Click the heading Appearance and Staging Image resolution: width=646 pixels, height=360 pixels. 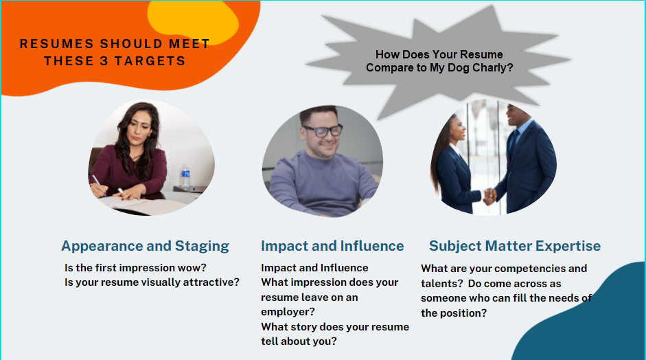(x=145, y=246)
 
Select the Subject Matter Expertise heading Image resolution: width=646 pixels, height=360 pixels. (x=515, y=246)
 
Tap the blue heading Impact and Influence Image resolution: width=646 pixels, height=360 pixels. (x=332, y=246)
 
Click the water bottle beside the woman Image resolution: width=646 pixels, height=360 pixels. (x=185, y=176)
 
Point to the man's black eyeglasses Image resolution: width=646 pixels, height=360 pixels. (x=322, y=131)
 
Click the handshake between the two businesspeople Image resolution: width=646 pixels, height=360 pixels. (x=490, y=195)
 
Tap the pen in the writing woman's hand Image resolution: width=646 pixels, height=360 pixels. (x=98, y=184)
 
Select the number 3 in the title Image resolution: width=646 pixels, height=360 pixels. (x=104, y=61)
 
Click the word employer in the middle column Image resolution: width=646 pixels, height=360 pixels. (x=288, y=312)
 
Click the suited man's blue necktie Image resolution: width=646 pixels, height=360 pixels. (x=514, y=141)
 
